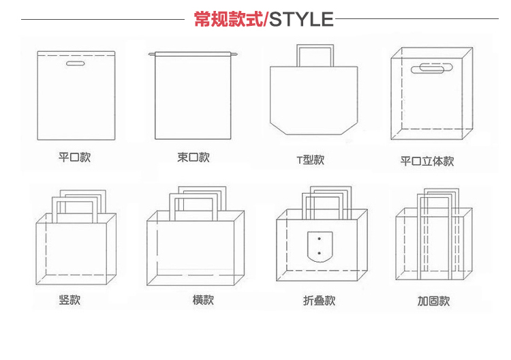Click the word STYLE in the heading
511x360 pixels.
point(302,19)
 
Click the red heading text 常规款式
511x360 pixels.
point(228,19)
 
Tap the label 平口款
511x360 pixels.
point(74,157)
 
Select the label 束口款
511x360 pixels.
point(193,157)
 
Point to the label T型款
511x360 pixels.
point(310,160)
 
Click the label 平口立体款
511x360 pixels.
point(427,162)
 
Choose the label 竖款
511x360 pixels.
point(69,299)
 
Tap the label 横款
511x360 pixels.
point(203,299)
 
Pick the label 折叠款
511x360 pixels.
point(320,300)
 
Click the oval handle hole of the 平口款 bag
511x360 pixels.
point(74,65)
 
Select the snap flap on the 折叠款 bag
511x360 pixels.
point(318,247)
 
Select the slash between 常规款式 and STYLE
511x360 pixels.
point(266,19)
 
